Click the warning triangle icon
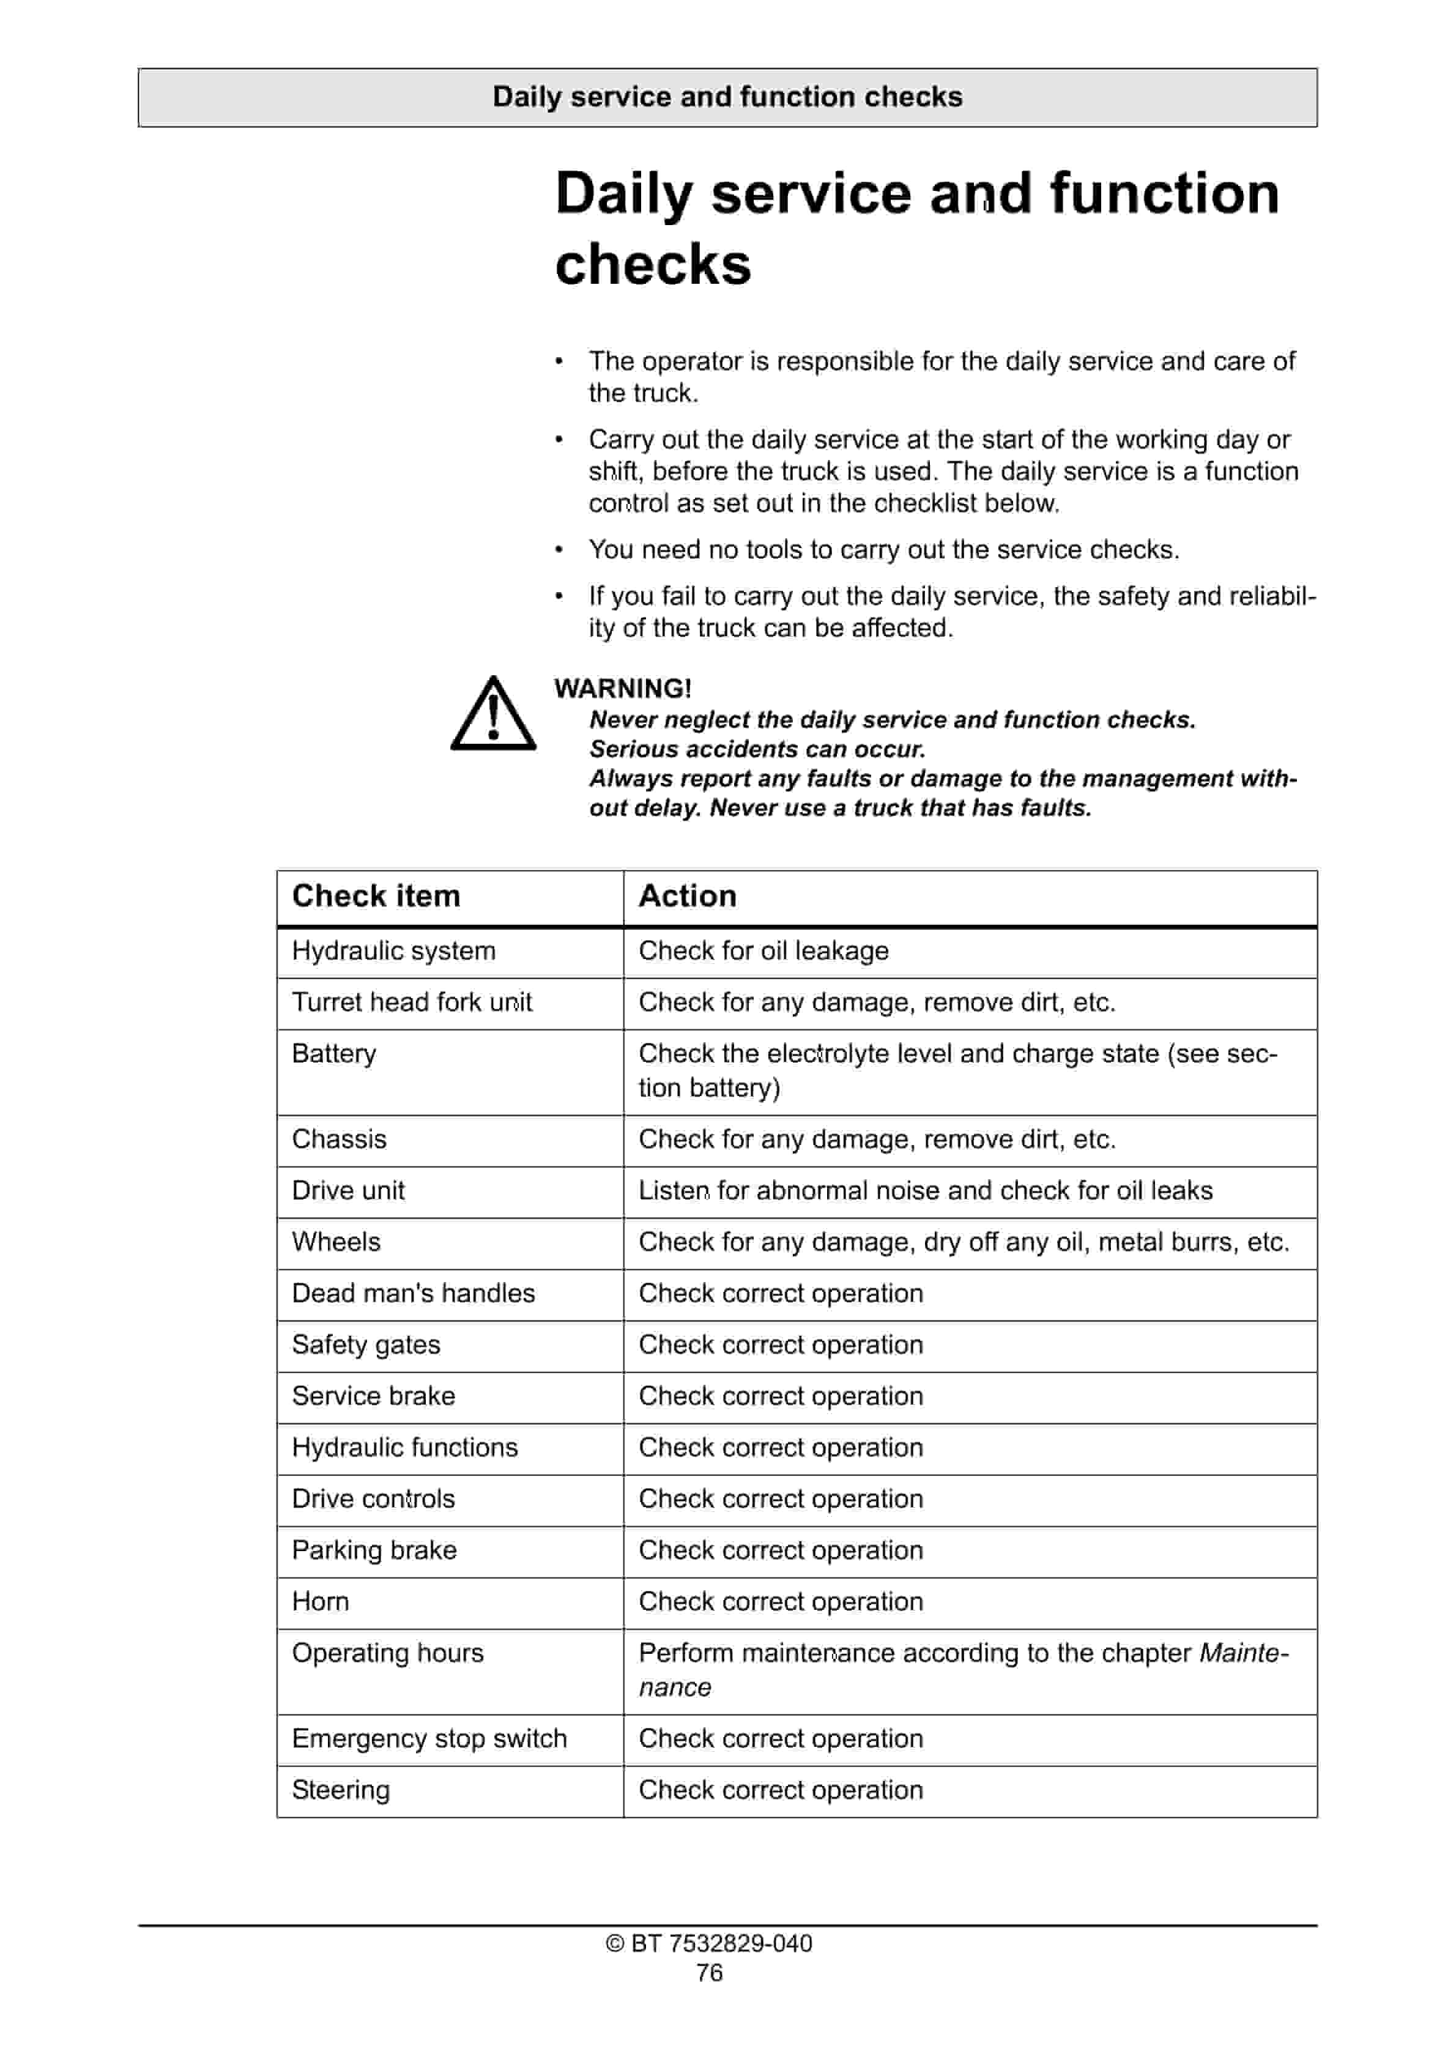pos(493,715)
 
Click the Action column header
pos(687,895)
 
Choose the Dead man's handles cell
pos(413,1293)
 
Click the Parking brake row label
pos(374,1551)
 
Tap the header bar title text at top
pos(727,97)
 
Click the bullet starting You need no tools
pos(883,549)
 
